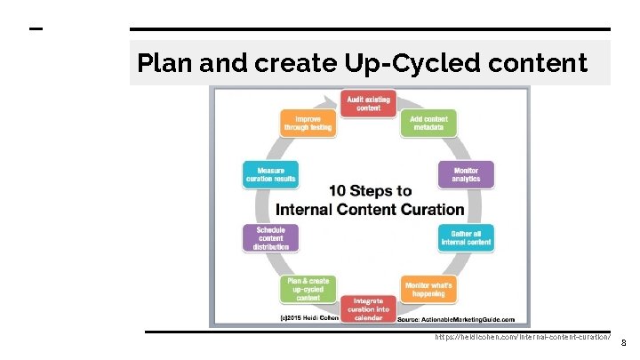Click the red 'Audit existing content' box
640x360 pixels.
click(x=368, y=103)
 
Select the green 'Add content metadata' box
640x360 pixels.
click(x=428, y=123)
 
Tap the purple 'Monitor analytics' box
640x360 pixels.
click(x=466, y=174)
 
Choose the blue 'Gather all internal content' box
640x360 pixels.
click(x=466, y=237)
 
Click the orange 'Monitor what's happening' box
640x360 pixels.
click(x=428, y=289)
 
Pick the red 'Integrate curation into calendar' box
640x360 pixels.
click(x=368, y=308)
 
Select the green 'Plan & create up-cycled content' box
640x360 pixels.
click(x=308, y=289)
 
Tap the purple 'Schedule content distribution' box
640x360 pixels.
click(x=270, y=237)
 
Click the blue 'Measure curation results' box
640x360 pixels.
click(x=270, y=174)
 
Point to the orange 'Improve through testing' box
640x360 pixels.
click(x=308, y=123)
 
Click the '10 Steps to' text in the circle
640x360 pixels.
click(x=370, y=191)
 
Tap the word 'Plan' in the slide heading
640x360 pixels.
click(x=164, y=63)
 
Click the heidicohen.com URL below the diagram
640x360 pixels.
click(x=523, y=338)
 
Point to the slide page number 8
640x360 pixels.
click(x=623, y=343)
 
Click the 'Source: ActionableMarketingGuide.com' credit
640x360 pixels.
click(x=455, y=318)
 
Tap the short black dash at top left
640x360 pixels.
click(x=36, y=28)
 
